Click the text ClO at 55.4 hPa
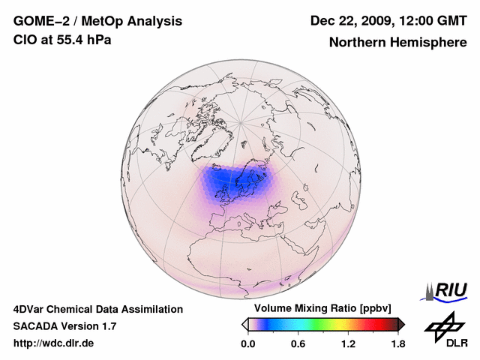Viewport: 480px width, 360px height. pyautogui.click(x=62, y=40)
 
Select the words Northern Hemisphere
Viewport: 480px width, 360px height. pyautogui.click(x=397, y=43)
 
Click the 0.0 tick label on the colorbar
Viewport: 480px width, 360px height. pyautogui.click(x=247, y=344)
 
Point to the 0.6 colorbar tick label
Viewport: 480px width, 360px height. pyautogui.click(x=298, y=344)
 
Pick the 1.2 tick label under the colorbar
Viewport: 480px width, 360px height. pyautogui.click(x=348, y=344)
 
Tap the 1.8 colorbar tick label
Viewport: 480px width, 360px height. pyautogui.click(x=397, y=344)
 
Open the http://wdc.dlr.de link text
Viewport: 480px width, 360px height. pyautogui.click(x=54, y=343)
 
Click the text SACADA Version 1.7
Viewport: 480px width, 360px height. pyautogui.click(x=64, y=326)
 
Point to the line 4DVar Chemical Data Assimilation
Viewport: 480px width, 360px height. pyautogui.click(x=97, y=309)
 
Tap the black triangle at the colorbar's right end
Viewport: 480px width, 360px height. pyautogui.click(x=401, y=324)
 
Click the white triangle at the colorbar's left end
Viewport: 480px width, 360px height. pyautogui.click(x=244, y=324)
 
